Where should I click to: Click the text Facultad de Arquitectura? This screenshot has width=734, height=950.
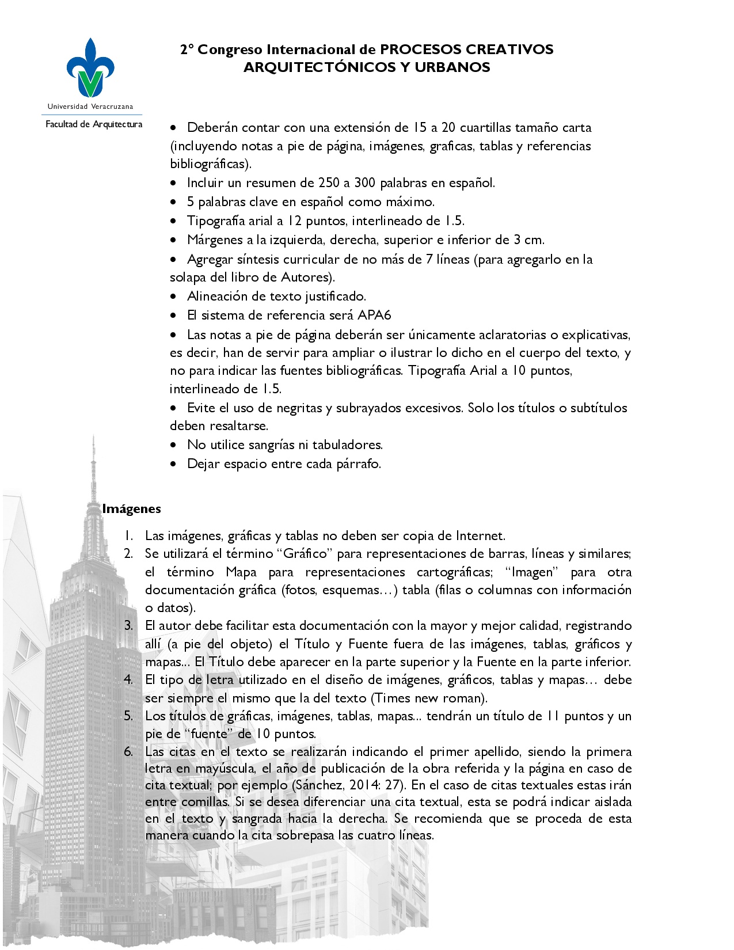[x=94, y=124]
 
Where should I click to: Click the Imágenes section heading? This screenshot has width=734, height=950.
[x=131, y=509]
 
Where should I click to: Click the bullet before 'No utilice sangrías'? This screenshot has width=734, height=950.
[x=174, y=446]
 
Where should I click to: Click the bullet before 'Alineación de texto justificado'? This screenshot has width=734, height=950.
[x=174, y=297]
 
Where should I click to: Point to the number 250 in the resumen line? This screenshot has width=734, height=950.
[x=329, y=183]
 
